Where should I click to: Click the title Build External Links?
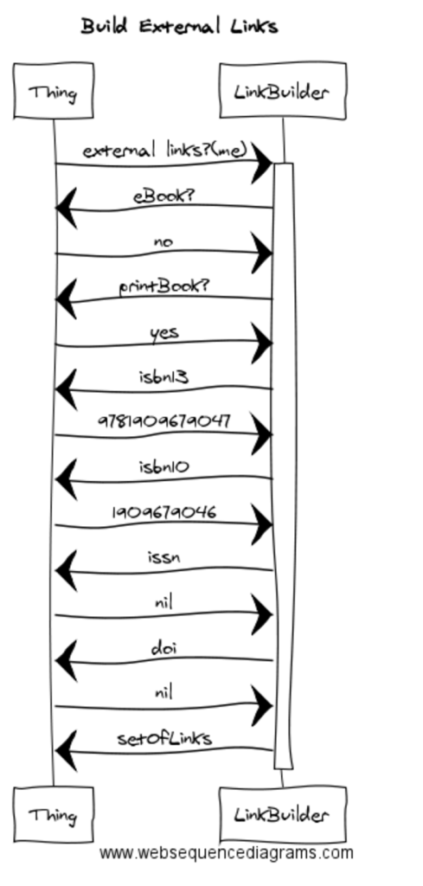tap(179, 26)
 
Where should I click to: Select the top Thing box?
tap(54, 91)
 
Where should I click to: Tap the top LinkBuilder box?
tap(282, 90)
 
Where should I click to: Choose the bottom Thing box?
tap(54, 814)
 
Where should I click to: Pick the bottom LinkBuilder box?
tap(282, 814)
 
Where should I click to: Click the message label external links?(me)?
tap(165, 151)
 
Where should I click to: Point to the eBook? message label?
tap(163, 196)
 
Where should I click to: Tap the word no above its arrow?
tap(163, 242)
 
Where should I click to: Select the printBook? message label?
tap(163, 287)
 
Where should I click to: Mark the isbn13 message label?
tap(163, 377)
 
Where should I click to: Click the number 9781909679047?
tap(164, 421)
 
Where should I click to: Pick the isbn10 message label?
tap(163, 467)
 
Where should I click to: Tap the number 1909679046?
tap(163, 512)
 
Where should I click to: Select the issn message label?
tap(163, 558)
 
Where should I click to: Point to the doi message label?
tap(163, 648)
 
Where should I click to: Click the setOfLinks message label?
tap(164, 739)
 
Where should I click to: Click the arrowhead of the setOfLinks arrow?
tap(66, 750)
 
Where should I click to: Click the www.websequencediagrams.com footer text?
tap(227, 853)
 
